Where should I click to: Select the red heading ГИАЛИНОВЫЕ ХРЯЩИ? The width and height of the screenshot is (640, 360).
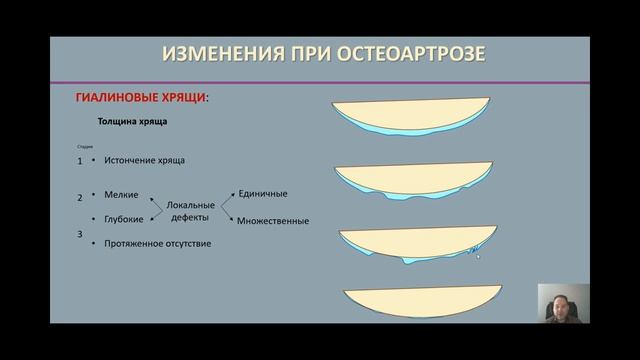pyautogui.click(x=143, y=98)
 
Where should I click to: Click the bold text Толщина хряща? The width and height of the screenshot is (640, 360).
pyautogui.click(x=132, y=122)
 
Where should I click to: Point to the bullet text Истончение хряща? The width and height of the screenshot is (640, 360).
pyautogui.click(x=144, y=160)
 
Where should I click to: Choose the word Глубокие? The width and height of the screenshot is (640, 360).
pyautogui.click(x=124, y=218)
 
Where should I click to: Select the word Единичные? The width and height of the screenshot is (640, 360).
pyautogui.click(x=263, y=192)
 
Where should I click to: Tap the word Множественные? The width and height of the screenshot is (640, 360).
pyautogui.click(x=273, y=221)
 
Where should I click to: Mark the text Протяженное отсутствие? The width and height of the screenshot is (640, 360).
pyautogui.click(x=157, y=243)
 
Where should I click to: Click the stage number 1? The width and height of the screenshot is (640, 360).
pyautogui.click(x=80, y=160)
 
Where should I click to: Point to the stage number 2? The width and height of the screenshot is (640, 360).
pyautogui.click(x=80, y=198)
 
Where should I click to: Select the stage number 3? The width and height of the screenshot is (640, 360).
pyautogui.click(x=80, y=233)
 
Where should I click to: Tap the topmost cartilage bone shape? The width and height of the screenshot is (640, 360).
pyautogui.click(x=412, y=113)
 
